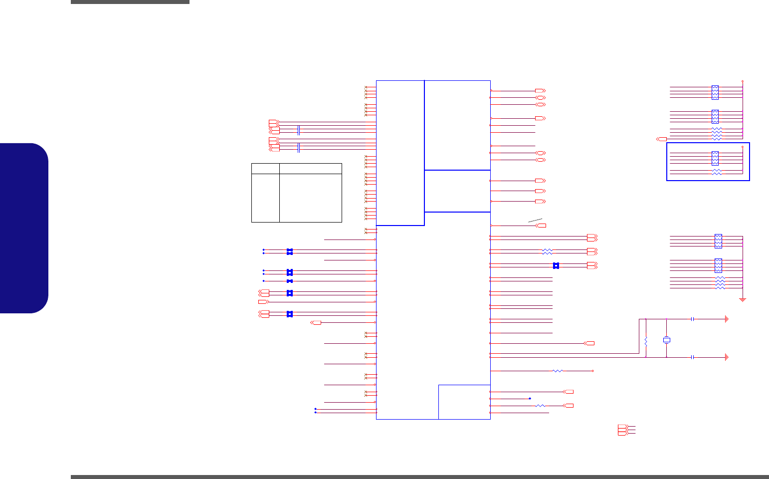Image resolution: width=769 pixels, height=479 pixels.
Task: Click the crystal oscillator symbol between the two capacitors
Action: (667, 340)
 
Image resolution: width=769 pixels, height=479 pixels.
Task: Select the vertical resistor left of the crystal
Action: (646, 342)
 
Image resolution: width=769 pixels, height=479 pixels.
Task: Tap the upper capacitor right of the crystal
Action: (693, 319)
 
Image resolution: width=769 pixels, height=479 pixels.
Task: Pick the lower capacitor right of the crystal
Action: (693, 357)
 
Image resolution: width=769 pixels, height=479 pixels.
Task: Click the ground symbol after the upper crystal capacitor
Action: (727, 319)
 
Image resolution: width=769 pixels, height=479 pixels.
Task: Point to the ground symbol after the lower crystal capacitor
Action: (727, 357)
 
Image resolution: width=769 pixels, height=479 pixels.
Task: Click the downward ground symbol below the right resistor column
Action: (743, 299)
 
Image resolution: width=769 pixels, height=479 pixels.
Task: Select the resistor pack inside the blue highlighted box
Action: (715, 158)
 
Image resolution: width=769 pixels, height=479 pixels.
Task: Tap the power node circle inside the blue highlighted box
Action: (743, 147)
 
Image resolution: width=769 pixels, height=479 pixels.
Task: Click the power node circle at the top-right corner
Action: (743, 81)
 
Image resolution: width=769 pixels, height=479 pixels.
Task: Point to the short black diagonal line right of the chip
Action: (535, 220)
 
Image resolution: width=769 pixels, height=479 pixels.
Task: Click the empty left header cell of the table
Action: (265, 168)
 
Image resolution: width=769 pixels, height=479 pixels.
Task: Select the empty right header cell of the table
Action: (310, 168)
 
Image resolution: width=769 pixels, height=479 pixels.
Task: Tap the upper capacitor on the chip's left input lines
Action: (298, 130)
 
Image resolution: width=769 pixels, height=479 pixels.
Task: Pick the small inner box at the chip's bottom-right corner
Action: (464, 402)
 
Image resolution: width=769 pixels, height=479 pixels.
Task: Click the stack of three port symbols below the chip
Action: (622, 430)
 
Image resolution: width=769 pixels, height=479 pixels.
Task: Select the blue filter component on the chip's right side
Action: (556, 265)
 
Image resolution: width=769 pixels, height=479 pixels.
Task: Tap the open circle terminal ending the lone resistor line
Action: (592, 371)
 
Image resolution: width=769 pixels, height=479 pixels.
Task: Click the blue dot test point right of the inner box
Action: (530, 399)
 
